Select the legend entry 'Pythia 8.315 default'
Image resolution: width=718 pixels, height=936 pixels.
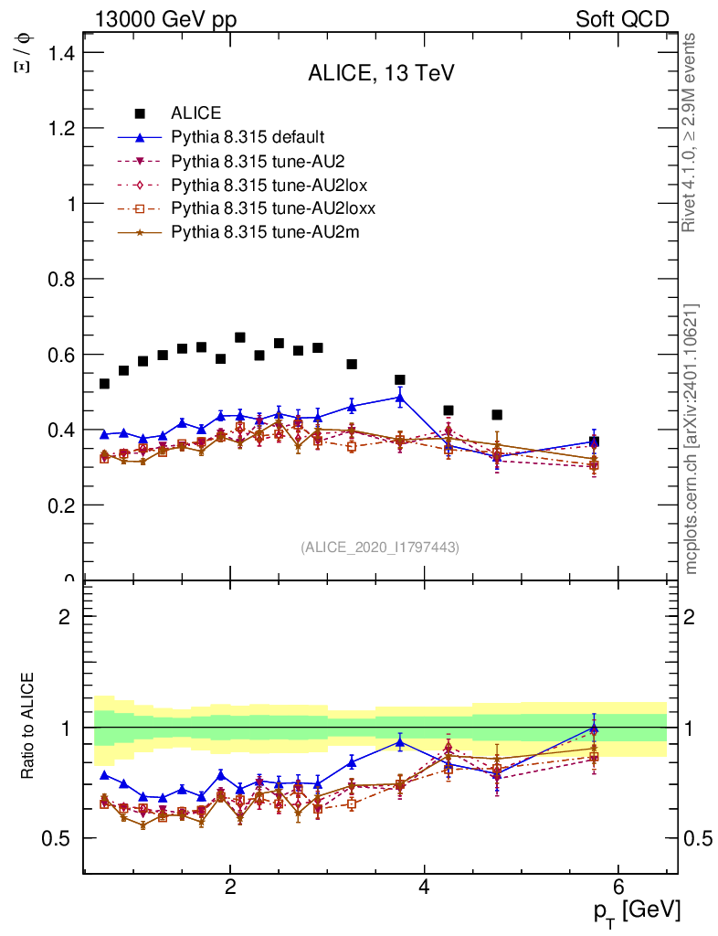(247, 137)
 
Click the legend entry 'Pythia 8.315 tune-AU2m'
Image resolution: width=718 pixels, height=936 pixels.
(265, 232)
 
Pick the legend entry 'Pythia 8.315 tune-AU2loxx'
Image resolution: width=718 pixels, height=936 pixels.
(273, 208)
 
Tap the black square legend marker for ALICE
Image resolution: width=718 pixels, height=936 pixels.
(140, 113)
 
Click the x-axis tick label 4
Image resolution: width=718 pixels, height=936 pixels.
(424, 888)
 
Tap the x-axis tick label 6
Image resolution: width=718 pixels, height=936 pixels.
(618, 888)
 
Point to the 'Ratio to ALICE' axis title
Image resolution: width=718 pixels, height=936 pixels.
(30, 728)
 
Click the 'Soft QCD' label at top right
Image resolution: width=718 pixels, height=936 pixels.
(622, 19)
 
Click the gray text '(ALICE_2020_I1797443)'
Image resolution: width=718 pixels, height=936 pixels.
(380, 547)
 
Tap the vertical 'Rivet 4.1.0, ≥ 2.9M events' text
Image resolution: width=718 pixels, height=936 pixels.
(691, 133)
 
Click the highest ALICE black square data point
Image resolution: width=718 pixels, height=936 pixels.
(240, 337)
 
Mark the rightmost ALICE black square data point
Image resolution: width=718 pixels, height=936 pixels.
(594, 441)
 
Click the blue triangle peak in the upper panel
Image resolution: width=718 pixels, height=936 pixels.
(400, 398)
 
